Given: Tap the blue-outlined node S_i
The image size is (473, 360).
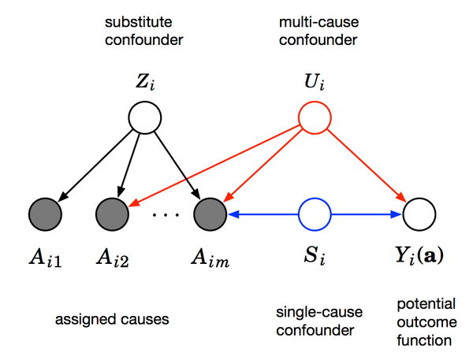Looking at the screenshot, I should [315, 213].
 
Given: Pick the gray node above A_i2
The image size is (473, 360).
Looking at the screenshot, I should [113, 213].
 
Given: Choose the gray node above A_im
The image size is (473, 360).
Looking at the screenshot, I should [209, 213].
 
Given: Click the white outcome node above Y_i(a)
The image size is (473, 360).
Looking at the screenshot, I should [419, 213].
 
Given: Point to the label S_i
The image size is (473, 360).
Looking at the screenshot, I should [315, 256].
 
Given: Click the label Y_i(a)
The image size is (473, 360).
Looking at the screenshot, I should [419, 256].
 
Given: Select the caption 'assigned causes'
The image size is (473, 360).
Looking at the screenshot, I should [112, 319].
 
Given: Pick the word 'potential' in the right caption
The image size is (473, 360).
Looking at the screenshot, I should [418, 302].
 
